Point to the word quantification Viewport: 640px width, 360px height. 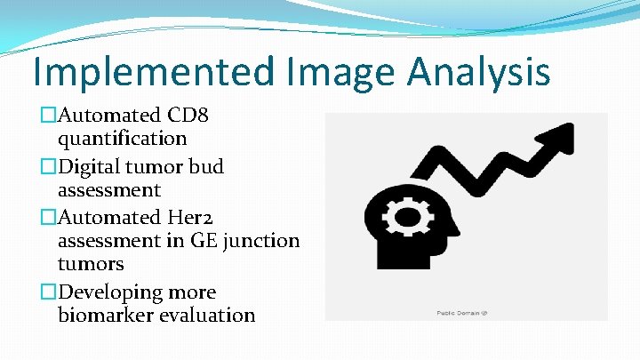122,139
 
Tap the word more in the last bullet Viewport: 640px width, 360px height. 192,292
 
